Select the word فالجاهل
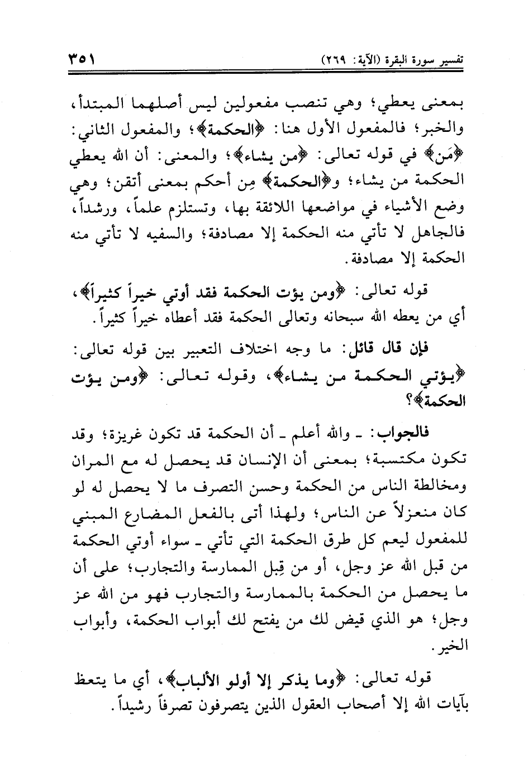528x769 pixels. pos(446,234)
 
